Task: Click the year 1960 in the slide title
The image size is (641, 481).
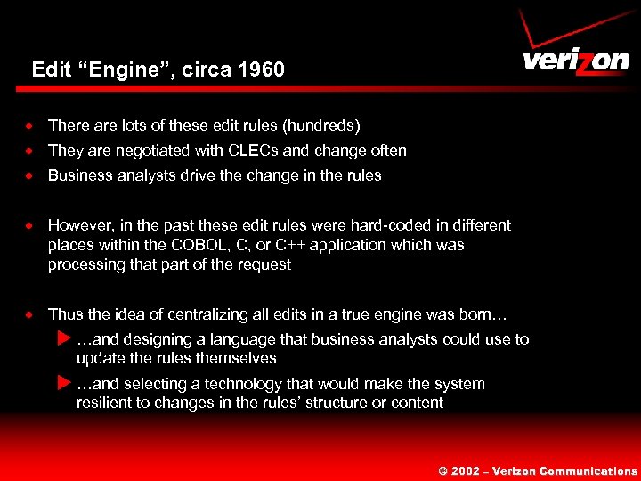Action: [261, 69]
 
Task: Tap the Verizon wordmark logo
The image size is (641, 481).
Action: [575, 61]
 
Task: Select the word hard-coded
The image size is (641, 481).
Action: [395, 224]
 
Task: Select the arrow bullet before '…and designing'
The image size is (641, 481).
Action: [62, 338]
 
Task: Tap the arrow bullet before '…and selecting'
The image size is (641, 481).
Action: [62, 383]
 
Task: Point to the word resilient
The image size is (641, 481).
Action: [104, 403]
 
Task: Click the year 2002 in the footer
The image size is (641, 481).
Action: [466, 471]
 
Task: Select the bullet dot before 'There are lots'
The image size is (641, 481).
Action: [30, 126]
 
